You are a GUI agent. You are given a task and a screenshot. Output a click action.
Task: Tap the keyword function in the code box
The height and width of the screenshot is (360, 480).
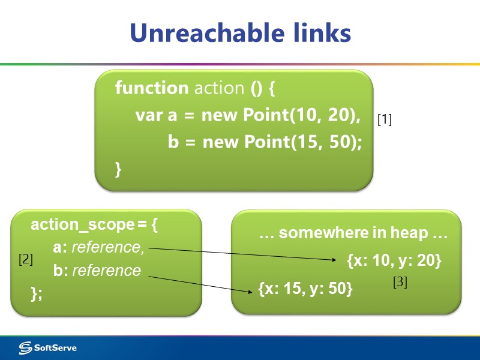151,88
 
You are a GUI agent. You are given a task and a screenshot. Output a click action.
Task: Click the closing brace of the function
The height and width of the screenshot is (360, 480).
118,170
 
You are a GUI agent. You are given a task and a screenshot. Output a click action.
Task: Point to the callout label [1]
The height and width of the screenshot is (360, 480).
384,120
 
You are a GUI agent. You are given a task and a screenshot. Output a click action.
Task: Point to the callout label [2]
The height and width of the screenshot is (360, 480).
25,260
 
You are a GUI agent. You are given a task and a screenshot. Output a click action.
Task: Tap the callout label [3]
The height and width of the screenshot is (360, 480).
400,282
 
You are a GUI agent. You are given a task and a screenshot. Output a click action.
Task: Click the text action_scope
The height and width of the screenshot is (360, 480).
82,225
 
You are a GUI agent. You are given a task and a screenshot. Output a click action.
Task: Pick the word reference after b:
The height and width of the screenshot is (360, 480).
106,271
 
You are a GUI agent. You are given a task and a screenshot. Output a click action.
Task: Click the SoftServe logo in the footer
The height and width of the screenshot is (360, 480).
48,347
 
